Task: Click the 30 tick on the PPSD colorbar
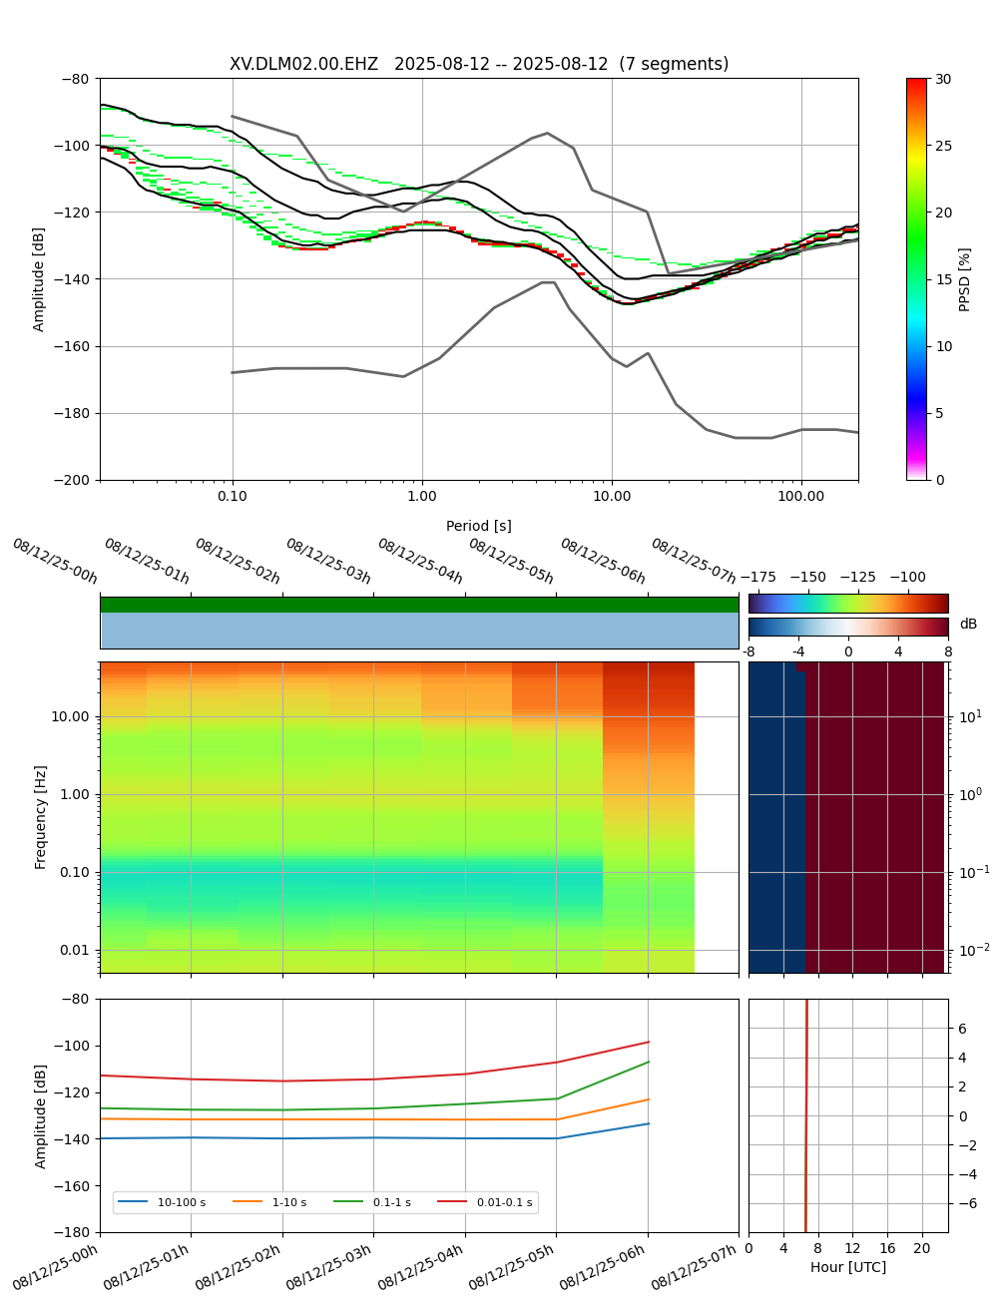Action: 943,79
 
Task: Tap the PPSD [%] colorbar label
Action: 964,279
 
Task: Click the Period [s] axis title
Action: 479,526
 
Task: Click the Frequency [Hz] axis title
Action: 41,817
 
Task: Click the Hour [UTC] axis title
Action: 848,1267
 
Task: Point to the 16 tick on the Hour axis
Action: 887,1248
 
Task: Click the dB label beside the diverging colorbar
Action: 968,625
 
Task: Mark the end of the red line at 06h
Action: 649,1042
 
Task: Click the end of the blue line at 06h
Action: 649,1123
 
